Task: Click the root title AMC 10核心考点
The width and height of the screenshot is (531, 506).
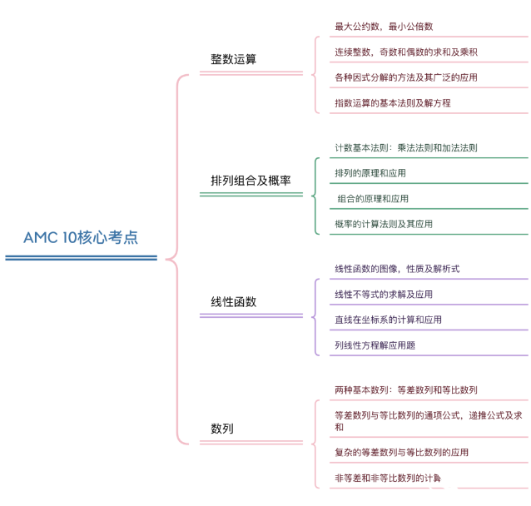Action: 81,237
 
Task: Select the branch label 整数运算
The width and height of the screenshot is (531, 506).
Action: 233,59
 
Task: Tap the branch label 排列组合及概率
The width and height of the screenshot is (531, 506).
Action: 251,181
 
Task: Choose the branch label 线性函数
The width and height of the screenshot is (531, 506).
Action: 233,301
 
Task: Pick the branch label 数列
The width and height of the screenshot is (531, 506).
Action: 222,429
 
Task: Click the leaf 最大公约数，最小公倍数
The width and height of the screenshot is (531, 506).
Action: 384,27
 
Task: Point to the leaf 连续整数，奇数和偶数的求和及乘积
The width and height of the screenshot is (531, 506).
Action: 406,52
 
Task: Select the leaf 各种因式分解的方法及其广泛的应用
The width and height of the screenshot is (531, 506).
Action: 406,77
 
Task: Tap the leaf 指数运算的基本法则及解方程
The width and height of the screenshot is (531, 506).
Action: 393,102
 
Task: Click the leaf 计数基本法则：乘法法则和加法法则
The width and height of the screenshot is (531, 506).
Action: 406,147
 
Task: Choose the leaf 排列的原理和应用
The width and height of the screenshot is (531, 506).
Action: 370,173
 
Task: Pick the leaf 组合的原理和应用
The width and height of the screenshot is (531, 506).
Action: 373,198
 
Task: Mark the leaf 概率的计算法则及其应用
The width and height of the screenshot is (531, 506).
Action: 384,224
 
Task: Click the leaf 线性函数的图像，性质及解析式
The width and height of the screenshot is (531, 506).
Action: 397,269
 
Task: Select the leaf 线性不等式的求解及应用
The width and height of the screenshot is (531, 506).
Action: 384,295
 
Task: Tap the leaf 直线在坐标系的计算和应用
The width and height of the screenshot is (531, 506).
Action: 388,320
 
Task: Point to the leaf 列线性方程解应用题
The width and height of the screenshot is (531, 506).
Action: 375,345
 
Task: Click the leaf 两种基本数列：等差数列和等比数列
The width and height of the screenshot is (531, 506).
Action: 406,389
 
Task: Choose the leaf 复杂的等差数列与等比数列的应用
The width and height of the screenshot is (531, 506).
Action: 401,452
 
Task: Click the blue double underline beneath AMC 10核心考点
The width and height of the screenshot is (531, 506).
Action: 82,258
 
